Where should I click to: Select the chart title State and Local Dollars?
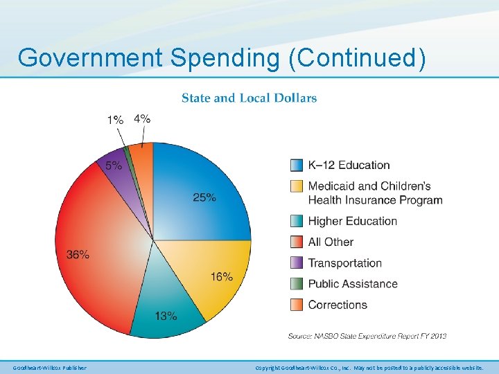click(249, 98)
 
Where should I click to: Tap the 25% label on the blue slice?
click(204, 197)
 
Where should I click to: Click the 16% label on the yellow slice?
click(221, 276)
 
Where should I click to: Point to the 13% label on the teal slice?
click(166, 316)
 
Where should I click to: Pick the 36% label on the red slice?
click(78, 254)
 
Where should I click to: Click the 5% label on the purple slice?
click(114, 166)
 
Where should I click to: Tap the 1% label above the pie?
click(115, 120)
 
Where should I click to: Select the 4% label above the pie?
click(142, 118)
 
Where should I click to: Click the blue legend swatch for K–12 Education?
click(296, 165)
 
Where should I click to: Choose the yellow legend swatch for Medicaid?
click(296, 186)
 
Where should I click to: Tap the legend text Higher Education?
click(352, 221)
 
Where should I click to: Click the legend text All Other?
click(331, 242)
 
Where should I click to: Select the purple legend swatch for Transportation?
click(296, 262)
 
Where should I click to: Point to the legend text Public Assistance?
click(352, 283)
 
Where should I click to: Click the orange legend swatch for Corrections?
click(296, 304)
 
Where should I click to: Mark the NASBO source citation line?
click(367, 336)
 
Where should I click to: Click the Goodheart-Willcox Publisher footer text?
click(49, 367)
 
